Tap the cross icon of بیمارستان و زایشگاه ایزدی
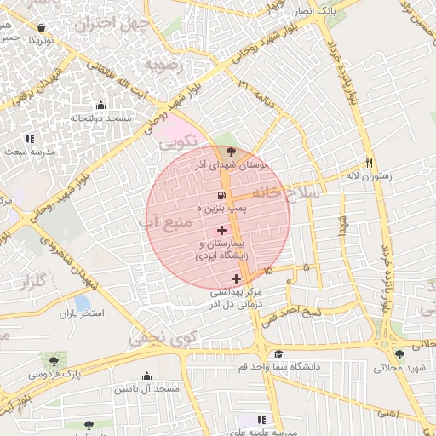222,230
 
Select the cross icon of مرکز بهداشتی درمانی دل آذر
236,278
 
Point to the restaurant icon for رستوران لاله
369,163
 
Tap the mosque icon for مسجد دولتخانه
101,106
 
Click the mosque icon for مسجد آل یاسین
146,376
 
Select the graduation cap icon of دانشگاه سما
278,353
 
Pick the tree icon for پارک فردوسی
55,361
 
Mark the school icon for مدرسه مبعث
30,138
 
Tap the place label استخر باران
81,313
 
